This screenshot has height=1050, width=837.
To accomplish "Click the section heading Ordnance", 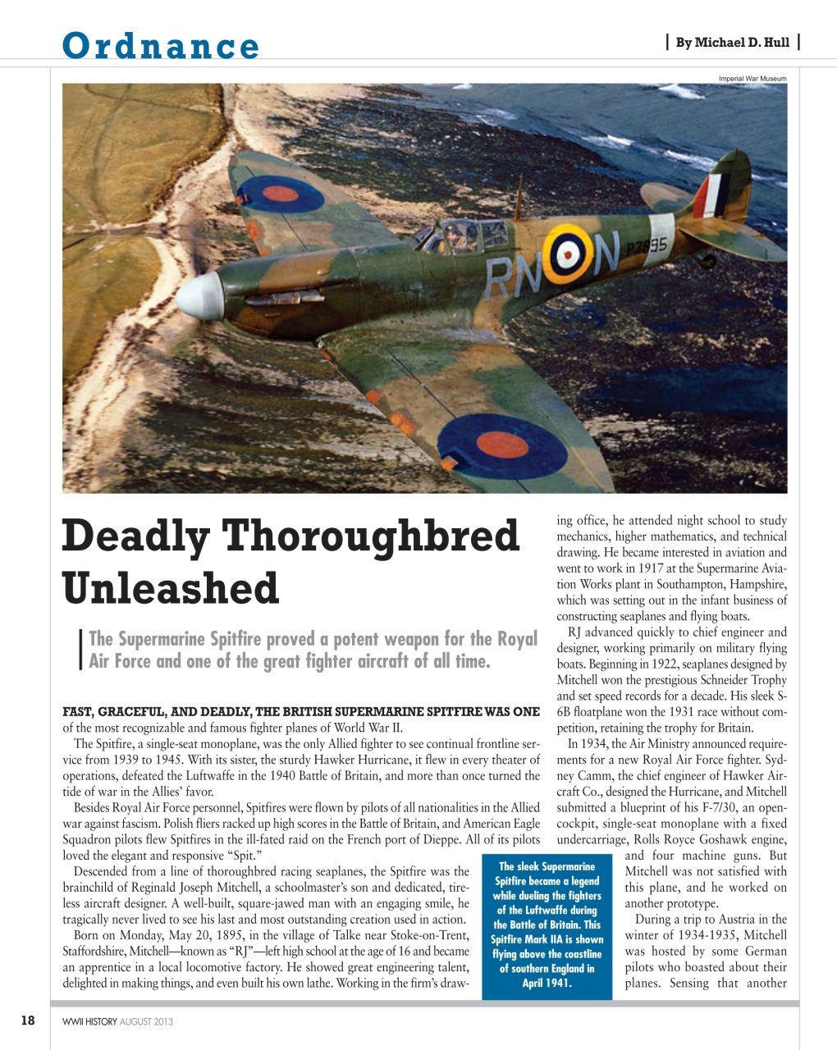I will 161,45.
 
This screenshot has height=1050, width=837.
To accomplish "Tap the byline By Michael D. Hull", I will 732,43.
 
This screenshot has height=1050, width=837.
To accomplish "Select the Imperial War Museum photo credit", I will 752,79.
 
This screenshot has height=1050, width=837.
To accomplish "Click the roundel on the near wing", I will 502,447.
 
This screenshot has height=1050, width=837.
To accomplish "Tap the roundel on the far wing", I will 280,194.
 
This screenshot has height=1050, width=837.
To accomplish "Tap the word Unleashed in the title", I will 171,588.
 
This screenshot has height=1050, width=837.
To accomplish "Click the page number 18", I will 28,1020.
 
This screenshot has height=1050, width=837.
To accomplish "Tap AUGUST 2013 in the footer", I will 146,1021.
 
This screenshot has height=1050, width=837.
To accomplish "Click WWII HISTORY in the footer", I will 89,1021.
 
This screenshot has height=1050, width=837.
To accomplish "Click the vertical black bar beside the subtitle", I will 80,650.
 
